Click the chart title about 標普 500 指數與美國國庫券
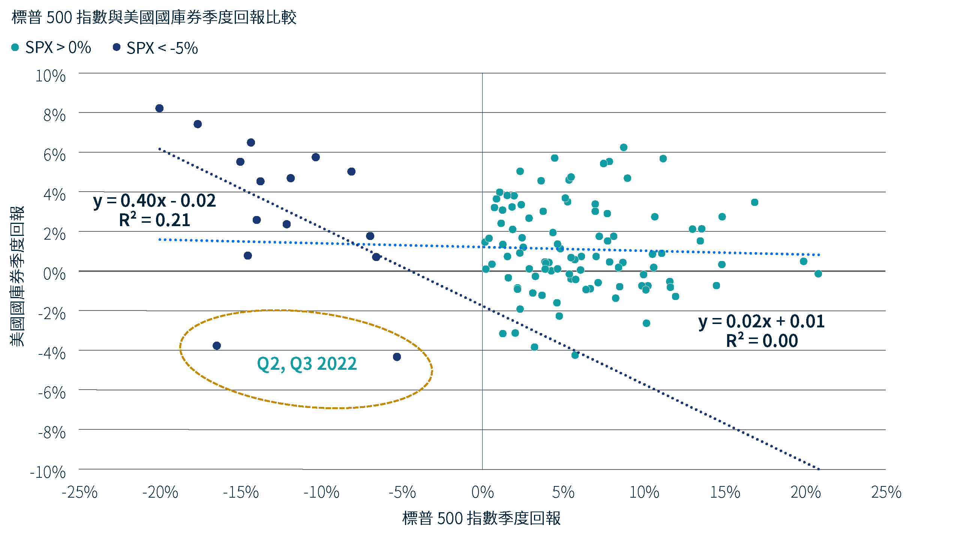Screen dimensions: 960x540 (154, 17)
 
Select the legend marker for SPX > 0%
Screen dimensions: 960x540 (15, 47)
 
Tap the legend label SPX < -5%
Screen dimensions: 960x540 (162, 48)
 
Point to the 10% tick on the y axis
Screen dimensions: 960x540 (51, 76)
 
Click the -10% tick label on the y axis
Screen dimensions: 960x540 (48, 472)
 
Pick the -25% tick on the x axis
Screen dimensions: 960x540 (79, 492)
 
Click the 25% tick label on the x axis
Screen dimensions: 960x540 (886, 492)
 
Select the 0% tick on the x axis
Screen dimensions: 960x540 (483, 492)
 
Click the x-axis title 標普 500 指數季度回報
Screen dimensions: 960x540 (481, 518)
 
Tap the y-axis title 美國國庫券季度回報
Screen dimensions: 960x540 (17, 276)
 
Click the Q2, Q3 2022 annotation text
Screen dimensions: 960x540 (307, 364)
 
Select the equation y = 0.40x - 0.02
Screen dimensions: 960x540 (154, 201)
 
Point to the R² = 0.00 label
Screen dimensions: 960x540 (762, 341)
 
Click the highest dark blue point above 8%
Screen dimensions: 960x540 (159, 108)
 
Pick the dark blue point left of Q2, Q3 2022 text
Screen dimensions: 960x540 (217, 346)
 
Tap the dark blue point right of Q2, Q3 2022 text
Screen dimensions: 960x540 (397, 357)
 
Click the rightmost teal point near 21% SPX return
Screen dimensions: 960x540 (818, 274)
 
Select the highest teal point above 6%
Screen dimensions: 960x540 (624, 147)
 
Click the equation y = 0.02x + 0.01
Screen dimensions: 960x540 (762, 322)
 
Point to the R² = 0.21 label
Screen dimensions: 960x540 (154, 220)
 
